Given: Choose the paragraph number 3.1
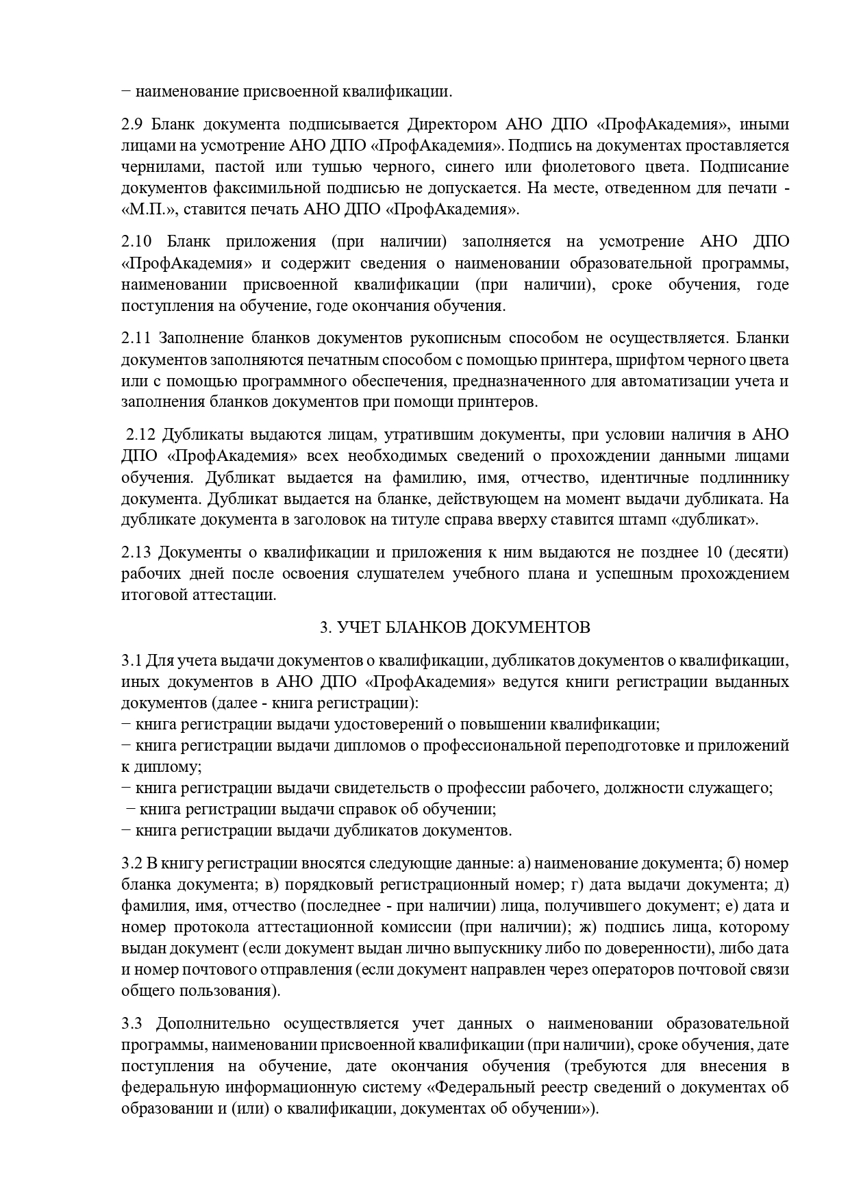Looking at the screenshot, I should point(131,660).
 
